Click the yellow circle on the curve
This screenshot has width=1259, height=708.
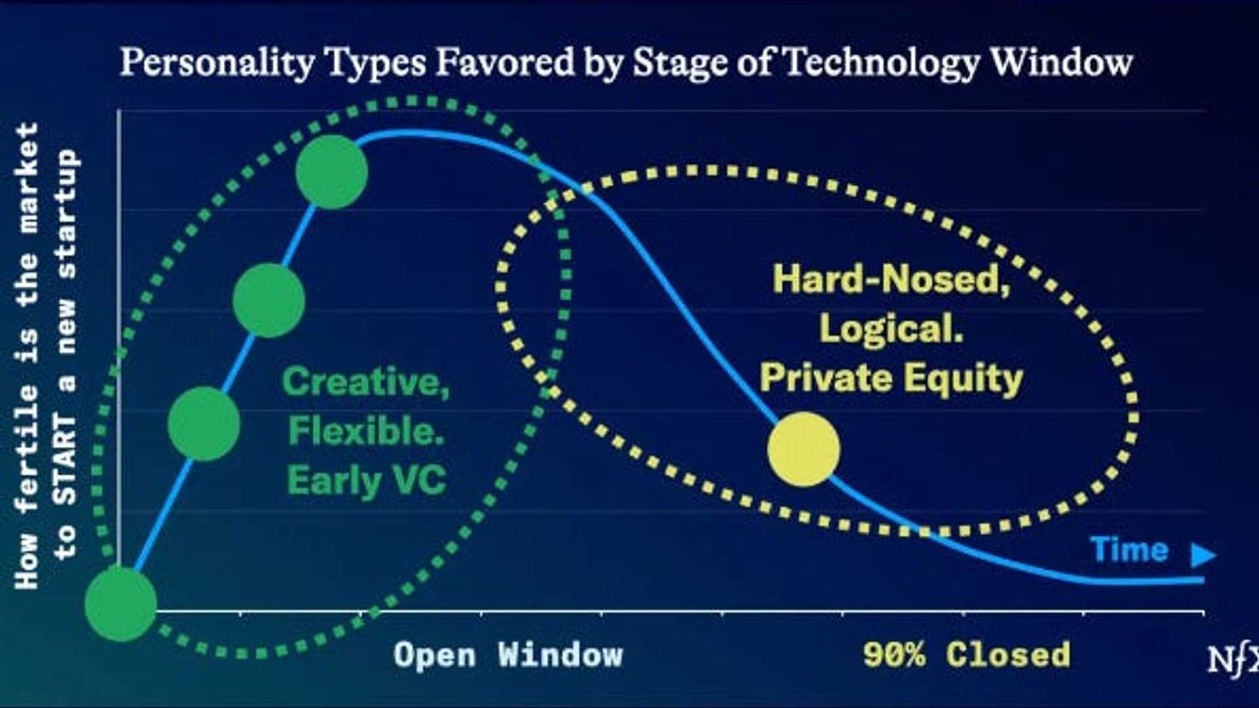pyautogui.click(x=803, y=449)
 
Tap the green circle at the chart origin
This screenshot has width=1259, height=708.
pyautogui.click(x=121, y=604)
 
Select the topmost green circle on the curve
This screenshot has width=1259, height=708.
pyautogui.click(x=332, y=172)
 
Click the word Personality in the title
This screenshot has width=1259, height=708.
pyautogui.click(x=218, y=63)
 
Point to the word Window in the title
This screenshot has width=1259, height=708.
pyautogui.click(x=1061, y=63)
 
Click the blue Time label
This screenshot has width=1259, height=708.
pyautogui.click(x=1129, y=549)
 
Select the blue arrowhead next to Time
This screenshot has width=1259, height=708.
pyautogui.click(x=1203, y=555)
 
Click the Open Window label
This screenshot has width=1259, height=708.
pyautogui.click(x=508, y=655)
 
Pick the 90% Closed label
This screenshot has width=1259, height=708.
pyautogui.click(x=967, y=655)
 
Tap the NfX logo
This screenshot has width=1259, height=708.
pyautogui.click(x=1233, y=659)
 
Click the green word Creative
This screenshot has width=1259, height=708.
pyautogui.click(x=365, y=381)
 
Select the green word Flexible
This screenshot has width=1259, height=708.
pyautogui.click(x=366, y=431)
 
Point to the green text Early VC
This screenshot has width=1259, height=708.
pyautogui.click(x=367, y=481)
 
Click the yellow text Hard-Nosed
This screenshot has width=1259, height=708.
pyautogui.click(x=891, y=279)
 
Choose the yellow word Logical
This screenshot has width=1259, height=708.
pyautogui.click(x=891, y=328)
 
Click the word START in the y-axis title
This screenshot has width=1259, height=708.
pyautogui.click(x=66, y=459)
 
